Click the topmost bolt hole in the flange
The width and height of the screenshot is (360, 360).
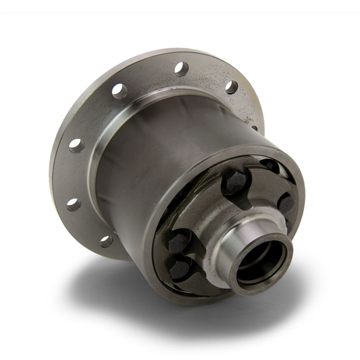pyautogui.click(x=181, y=69)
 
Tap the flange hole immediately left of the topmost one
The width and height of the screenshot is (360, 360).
pyautogui.click(x=119, y=91)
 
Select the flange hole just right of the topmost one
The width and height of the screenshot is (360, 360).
pyautogui.click(x=231, y=87)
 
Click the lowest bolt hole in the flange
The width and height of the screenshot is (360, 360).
pyautogui.click(x=107, y=242)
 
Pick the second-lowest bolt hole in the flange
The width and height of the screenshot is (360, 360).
pyautogui.click(x=74, y=205)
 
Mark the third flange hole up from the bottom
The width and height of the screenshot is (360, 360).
pyautogui.click(x=76, y=145)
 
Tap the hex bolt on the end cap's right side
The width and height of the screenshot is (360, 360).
pyautogui.click(x=286, y=203)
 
